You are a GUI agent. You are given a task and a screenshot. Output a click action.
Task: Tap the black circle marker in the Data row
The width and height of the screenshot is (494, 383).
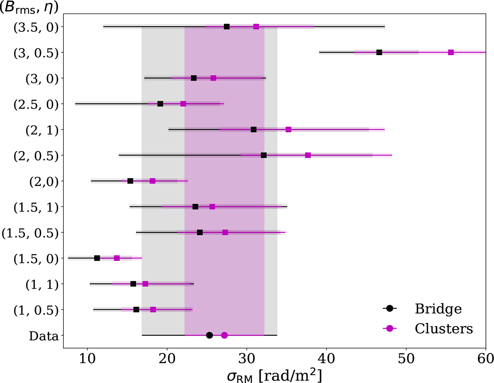click(x=209, y=335)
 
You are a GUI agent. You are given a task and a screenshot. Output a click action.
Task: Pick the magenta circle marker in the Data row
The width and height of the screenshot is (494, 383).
click(x=224, y=335)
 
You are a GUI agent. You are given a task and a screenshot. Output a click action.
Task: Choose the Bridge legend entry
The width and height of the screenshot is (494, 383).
click(x=428, y=309)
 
